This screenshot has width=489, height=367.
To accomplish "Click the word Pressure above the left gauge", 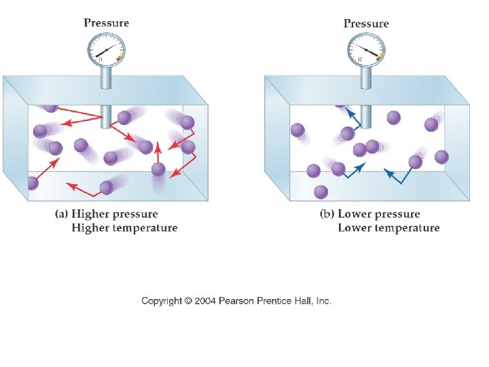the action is coord(106,22).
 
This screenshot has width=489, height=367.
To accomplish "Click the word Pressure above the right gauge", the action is coord(366,23).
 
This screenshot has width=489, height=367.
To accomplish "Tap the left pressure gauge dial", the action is coord(107,50).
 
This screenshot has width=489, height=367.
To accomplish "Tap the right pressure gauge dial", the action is coord(367,50).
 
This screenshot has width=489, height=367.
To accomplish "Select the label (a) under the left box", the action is coord(62,215).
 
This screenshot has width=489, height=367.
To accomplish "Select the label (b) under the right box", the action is coord(327,215).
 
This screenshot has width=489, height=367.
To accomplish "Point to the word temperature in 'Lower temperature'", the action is coord(407,228).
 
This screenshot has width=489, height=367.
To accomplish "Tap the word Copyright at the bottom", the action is coord(162,301).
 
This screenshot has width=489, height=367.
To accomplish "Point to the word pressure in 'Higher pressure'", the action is coord(135,215).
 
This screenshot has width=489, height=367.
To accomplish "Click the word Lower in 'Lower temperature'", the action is coord(355,228).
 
